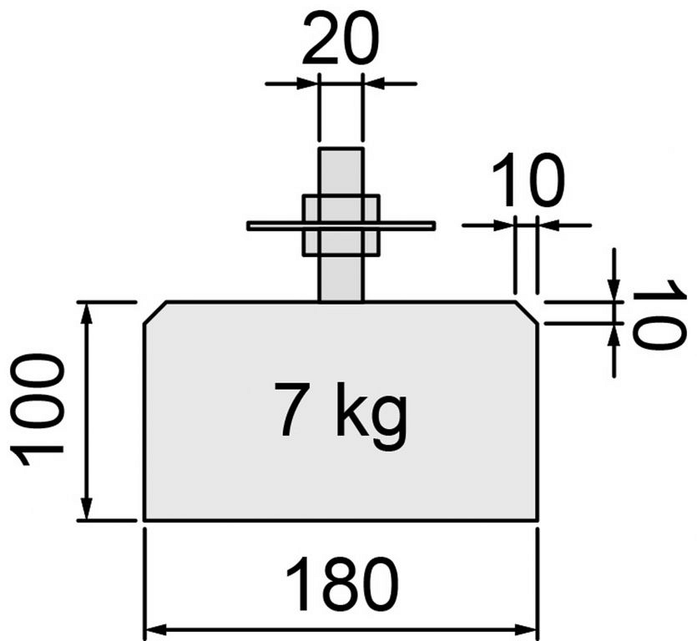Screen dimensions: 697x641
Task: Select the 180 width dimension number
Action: (x=342, y=583)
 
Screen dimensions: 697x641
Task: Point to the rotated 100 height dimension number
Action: (x=37, y=410)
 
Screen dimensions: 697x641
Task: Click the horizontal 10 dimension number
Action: (x=528, y=179)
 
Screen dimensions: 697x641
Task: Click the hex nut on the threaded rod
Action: (x=341, y=225)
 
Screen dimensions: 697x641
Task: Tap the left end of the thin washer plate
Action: (x=248, y=225)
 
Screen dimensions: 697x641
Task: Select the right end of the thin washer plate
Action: (x=434, y=225)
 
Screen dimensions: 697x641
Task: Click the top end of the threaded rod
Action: (x=341, y=148)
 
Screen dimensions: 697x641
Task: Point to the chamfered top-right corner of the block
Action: (x=528, y=312)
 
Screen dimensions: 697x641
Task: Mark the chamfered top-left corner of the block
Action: (x=155, y=312)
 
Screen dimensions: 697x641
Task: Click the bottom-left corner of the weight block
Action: (x=144, y=519)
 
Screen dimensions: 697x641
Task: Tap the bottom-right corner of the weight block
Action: (x=538, y=519)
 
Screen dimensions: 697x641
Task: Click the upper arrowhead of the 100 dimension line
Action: (x=87, y=313)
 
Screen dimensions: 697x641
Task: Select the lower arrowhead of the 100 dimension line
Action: (x=87, y=507)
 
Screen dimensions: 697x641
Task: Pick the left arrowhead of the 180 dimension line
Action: (x=156, y=629)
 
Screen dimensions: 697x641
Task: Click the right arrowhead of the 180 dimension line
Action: (x=527, y=629)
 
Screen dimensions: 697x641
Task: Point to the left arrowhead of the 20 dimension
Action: (x=306, y=83)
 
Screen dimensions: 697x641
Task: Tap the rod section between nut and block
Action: (x=341, y=279)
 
